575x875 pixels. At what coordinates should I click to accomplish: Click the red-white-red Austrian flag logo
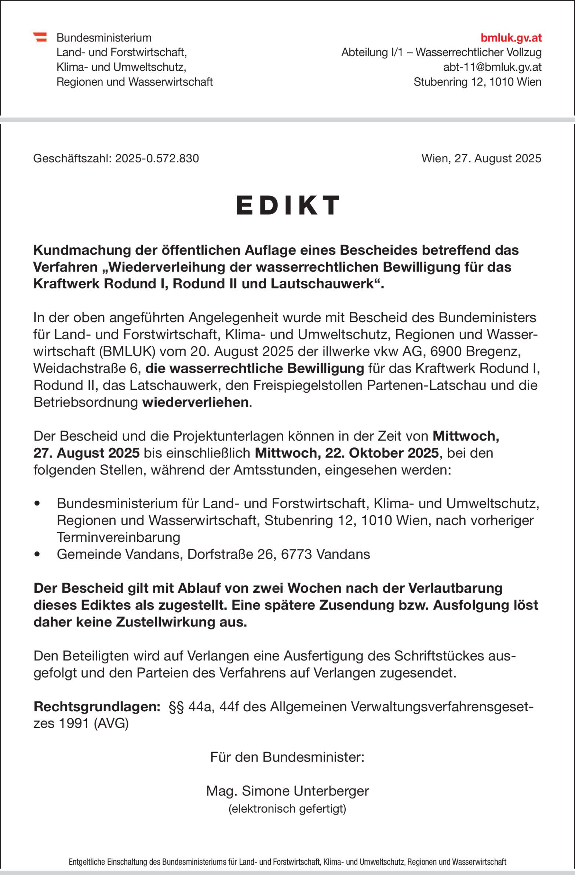click(40, 37)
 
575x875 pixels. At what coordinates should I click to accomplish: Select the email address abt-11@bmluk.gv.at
click(492, 67)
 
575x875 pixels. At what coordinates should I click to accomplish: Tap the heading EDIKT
click(288, 205)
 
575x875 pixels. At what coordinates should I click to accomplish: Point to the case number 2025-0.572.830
click(157, 159)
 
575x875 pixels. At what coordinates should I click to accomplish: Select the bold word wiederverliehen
click(195, 402)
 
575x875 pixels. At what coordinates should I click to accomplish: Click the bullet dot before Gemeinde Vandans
click(36, 555)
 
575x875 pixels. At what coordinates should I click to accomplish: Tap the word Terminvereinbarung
click(119, 537)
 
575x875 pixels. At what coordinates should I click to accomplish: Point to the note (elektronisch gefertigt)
click(288, 809)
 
